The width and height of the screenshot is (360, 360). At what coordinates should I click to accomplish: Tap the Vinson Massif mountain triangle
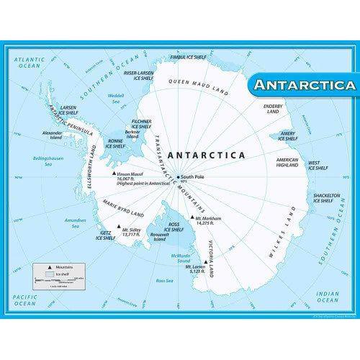[x=112, y=174]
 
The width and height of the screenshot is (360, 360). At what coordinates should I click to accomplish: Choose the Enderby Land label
[x=272, y=108]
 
